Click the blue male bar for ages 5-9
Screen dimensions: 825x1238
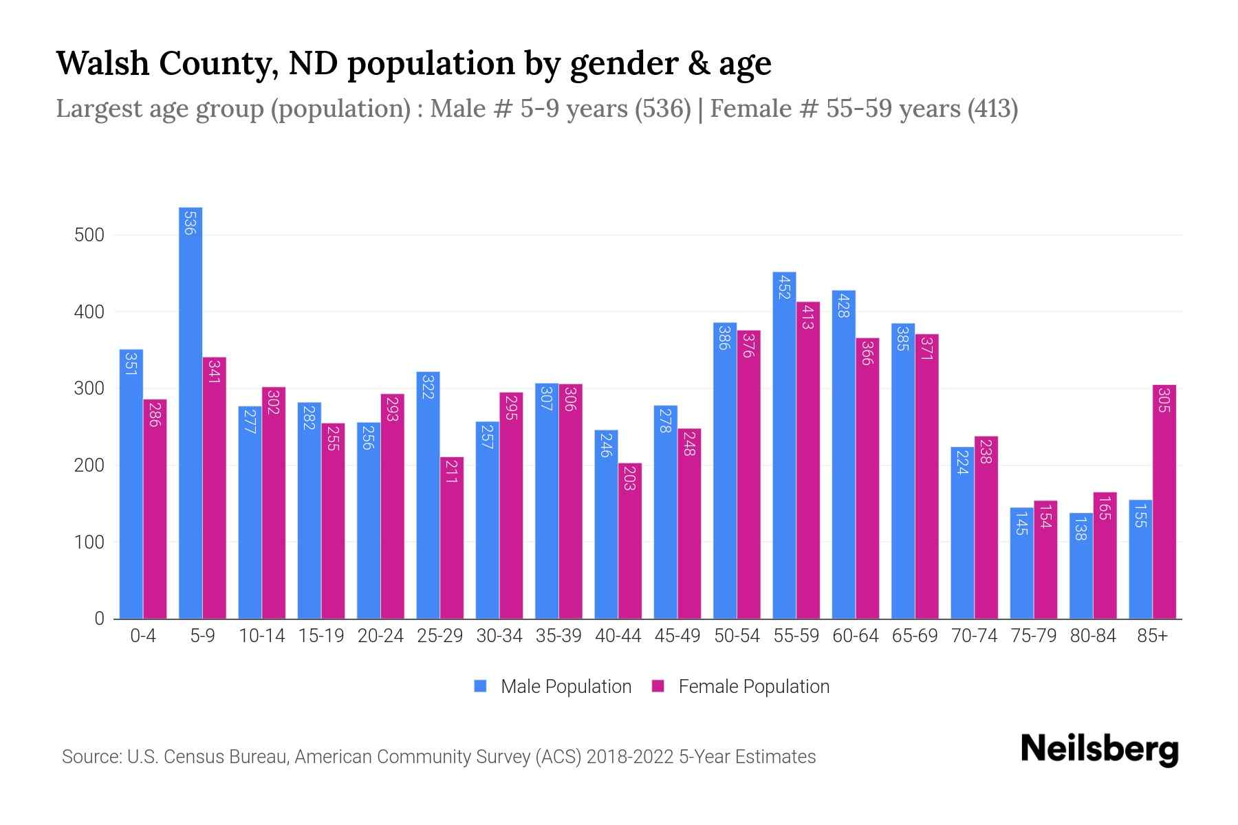[191, 412]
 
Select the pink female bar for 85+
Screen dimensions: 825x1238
[1164, 502]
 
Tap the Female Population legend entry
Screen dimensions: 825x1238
[741, 687]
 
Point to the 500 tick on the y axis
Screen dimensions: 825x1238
[89, 235]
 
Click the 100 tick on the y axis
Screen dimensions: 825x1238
[89, 542]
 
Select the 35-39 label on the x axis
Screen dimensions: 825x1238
[558, 636]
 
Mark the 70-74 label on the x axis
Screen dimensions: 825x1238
[974, 636]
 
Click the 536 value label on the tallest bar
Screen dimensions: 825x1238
[190, 222]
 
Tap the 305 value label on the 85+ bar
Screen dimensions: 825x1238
[1164, 400]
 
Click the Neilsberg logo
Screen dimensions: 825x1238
[1099, 749]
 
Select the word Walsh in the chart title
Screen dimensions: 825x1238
[102, 63]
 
